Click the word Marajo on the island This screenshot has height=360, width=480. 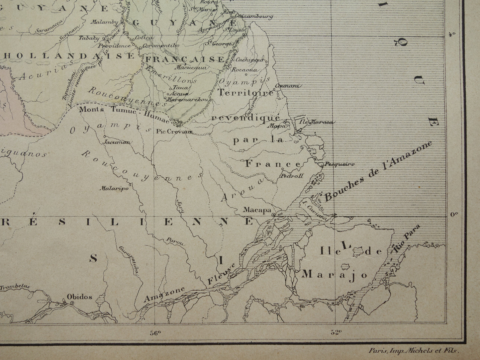pos(335,274)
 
